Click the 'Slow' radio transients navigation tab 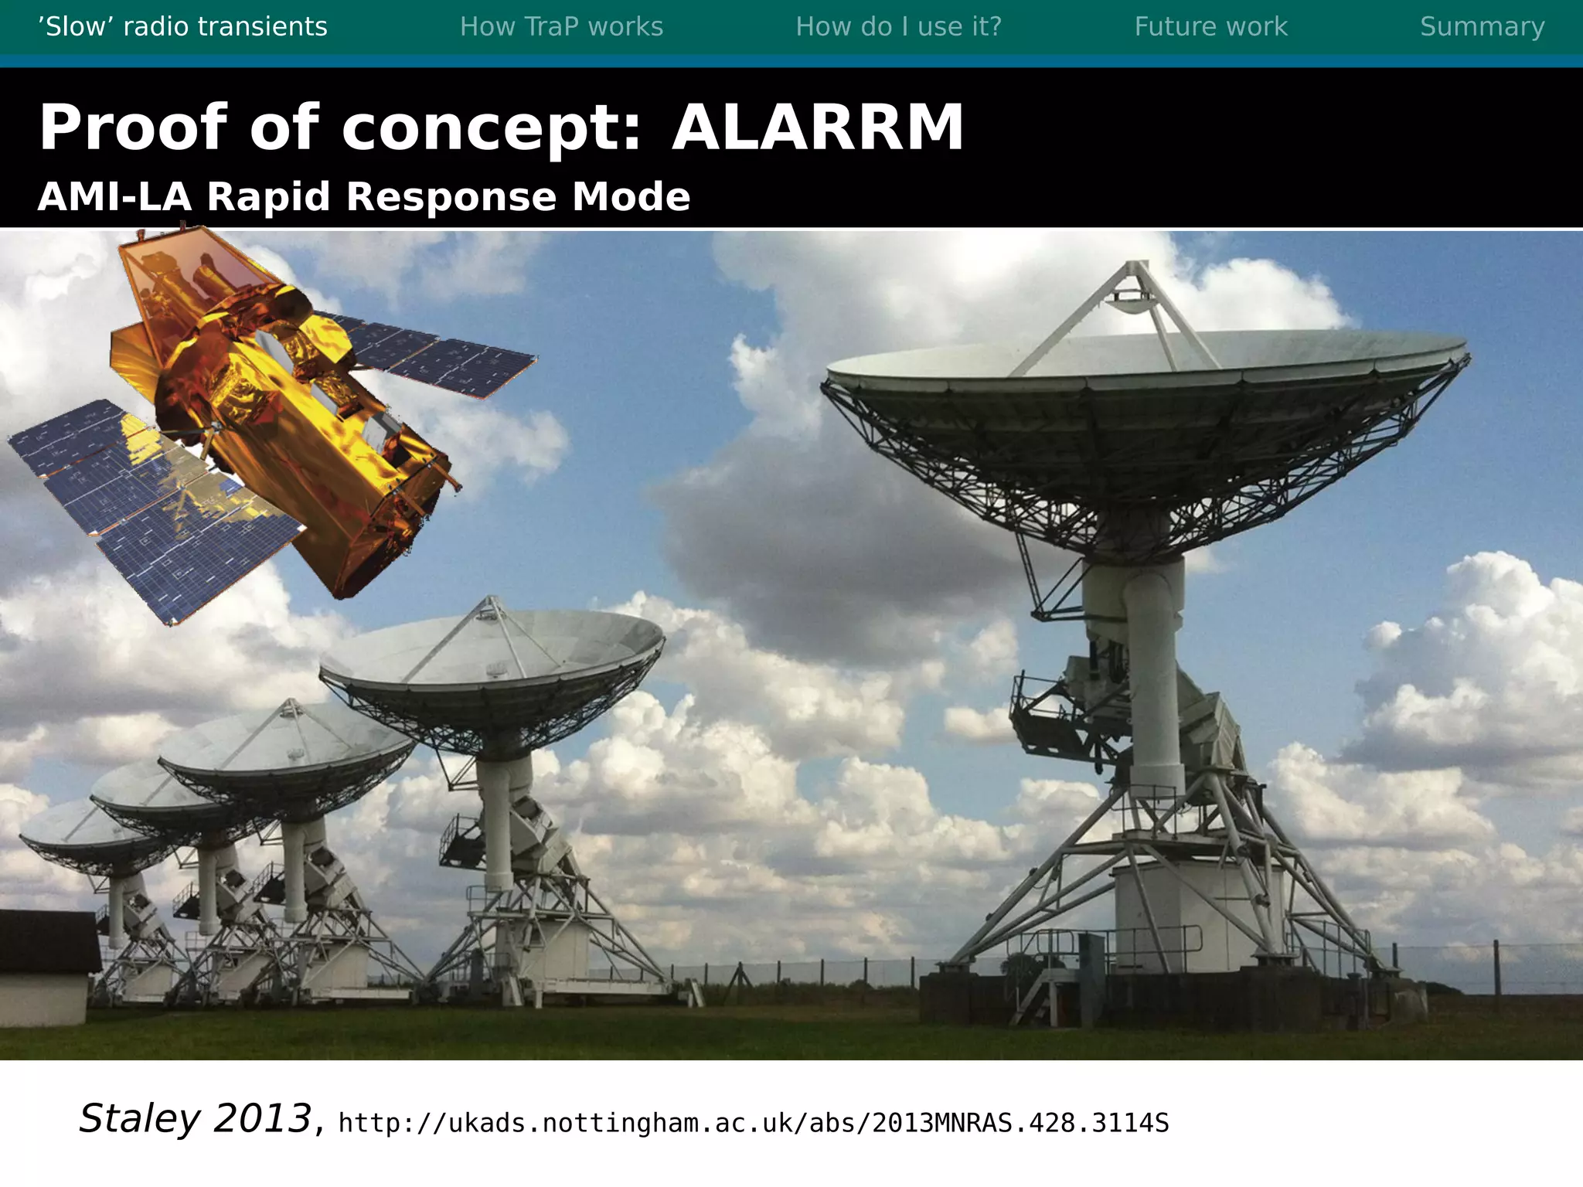(x=182, y=27)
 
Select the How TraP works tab (x=561, y=27)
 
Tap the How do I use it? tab (x=898, y=27)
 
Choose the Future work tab (x=1210, y=27)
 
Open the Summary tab (x=1482, y=27)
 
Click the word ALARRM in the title (x=817, y=128)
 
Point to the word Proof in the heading (x=134, y=128)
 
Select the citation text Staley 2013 (x=195, y=1118)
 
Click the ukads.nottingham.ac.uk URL (x=754, y=1123)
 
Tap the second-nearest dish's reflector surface (x=495, y=649)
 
